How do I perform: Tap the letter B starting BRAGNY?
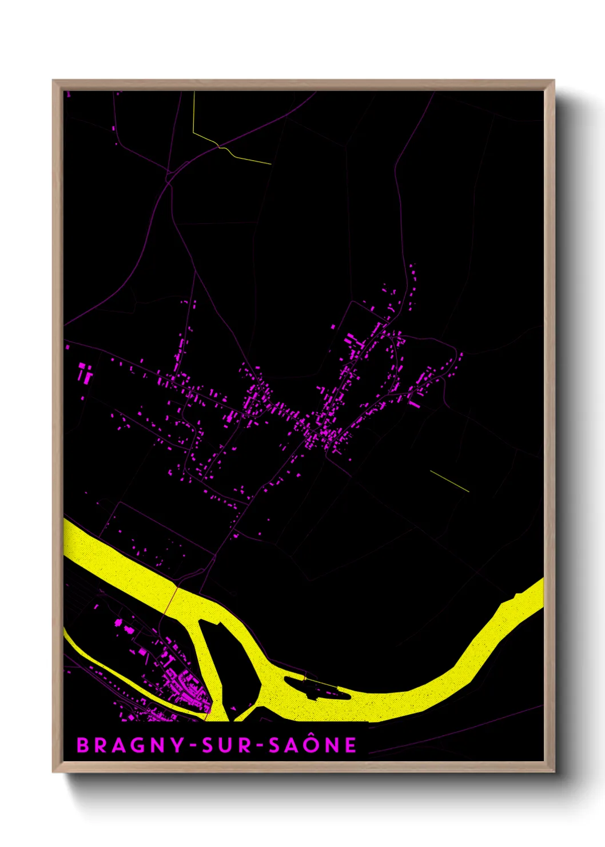pos(82,745)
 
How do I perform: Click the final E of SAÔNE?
pos(351,745)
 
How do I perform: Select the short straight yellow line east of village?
pos(449,481)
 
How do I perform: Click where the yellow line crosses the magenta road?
pos(220,147)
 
